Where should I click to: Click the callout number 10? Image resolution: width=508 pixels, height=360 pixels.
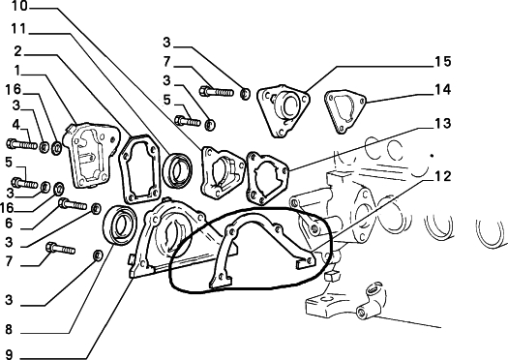(x=20, y=6)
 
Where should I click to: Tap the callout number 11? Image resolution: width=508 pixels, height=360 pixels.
(x=18, y=29)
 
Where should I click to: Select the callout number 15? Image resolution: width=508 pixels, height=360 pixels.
(x=442, y=61)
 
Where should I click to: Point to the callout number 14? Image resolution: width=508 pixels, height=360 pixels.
(x=442, y=89)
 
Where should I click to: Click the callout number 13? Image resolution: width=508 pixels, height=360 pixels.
(x=442, y=123)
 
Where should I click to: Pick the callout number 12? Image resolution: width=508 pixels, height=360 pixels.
(x=442, y=176)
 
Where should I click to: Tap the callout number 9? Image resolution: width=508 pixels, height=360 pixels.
(x=9, y=354)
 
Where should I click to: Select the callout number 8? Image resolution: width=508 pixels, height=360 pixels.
(x=9, y=330)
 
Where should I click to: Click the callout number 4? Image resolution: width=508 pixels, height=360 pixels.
(x=16, y=125)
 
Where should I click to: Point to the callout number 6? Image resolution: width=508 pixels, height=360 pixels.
(x=9, y=223)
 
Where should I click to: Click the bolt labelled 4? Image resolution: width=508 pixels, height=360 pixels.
(x=22, y=144)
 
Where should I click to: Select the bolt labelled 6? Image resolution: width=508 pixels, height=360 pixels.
(x=73, y=204)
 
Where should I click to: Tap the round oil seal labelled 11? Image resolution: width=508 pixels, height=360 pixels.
(x=177, y=170)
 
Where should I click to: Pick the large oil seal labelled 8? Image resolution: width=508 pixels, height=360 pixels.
(x=120, y=225)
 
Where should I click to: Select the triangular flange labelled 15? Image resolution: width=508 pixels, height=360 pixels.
(x=284, y=111)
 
